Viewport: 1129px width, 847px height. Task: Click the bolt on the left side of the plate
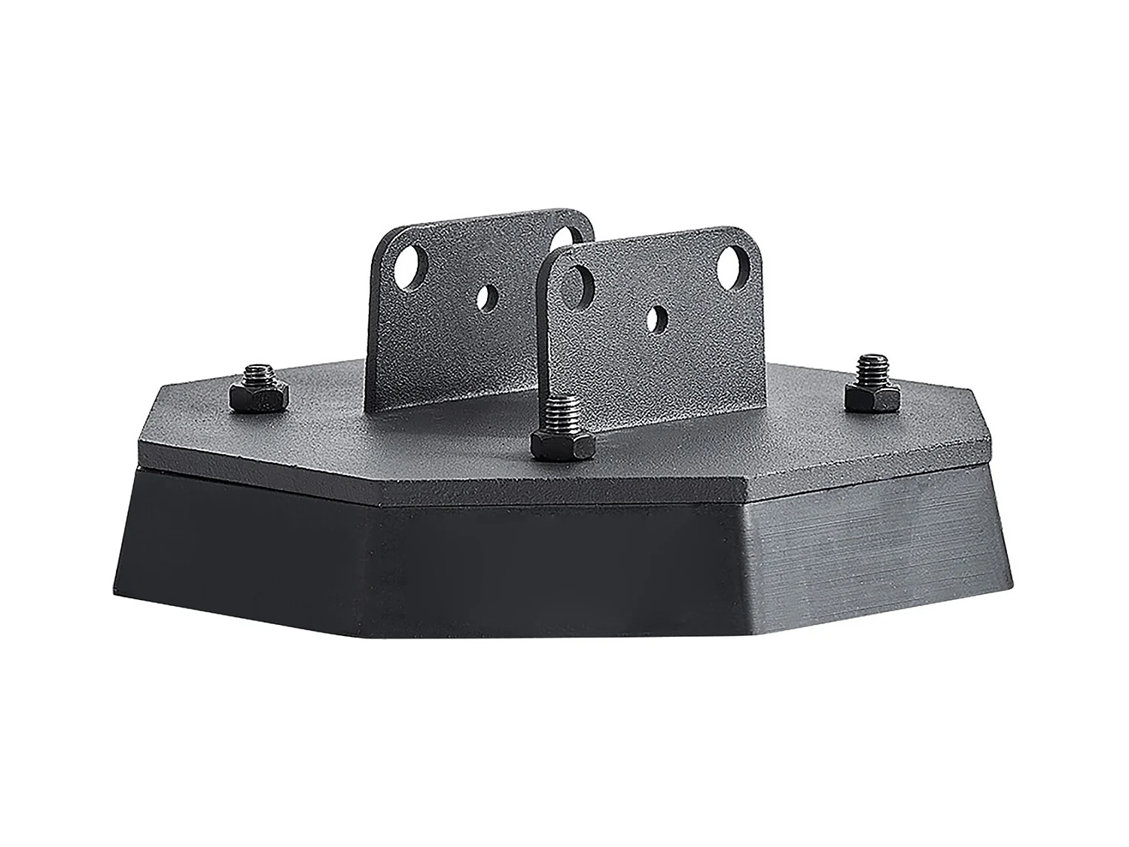(x=257, y=390)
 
